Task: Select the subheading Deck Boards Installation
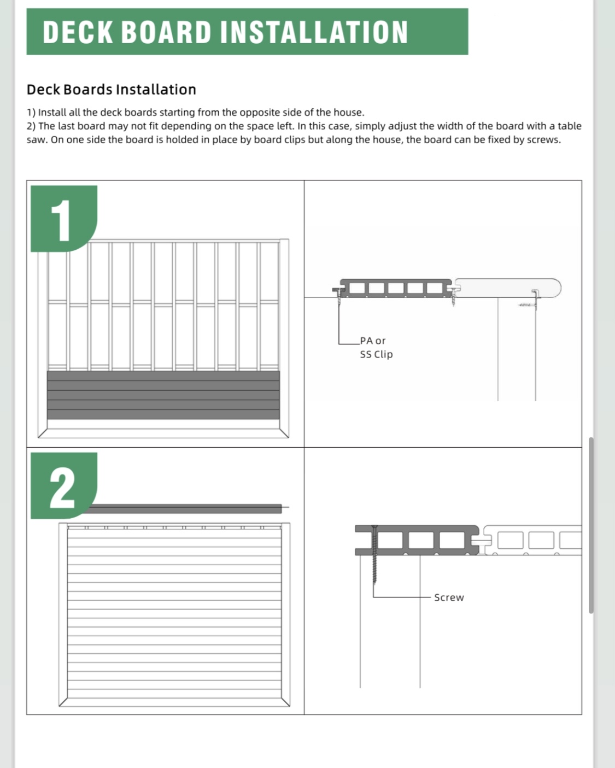[112, 90]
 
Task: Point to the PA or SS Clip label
[376, 348]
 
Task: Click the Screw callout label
[449, 597]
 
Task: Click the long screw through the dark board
[374, 555]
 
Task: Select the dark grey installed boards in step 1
[163, 395]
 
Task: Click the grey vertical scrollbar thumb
[590, 525]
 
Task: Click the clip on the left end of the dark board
[337, 290]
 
